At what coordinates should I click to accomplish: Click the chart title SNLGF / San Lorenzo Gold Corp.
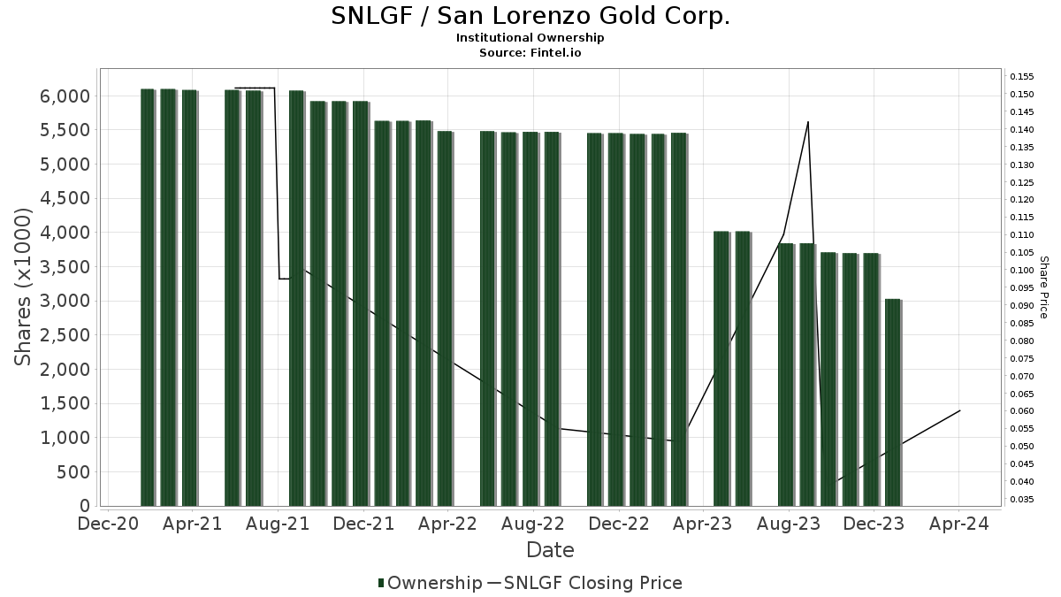pyautogui.click(x=530, y=16)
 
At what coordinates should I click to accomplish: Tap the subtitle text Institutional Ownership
pyautogui.click(x=530, y=38)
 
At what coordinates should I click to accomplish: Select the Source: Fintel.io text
pyautogui.click(x=530, y=52)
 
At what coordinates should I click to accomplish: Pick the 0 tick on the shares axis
pyautogui.click(x=85, y=506)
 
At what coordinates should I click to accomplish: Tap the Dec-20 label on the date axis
pyautogui.click(x=108, y=524)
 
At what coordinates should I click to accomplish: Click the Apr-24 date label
pyautogui.click(x=958, y=524)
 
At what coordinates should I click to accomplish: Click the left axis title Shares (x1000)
pyautogui.click(x=24, y=287)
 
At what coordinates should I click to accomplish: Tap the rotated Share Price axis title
pyautogui.click(x=1043, y=287)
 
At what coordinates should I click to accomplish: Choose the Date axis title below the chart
pyautogui.click(x=550, y=550)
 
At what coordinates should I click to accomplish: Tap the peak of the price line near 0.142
pyautogui.click(x=808, y=122)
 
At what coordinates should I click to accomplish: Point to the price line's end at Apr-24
pyautogui.click(x=960, y=410)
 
